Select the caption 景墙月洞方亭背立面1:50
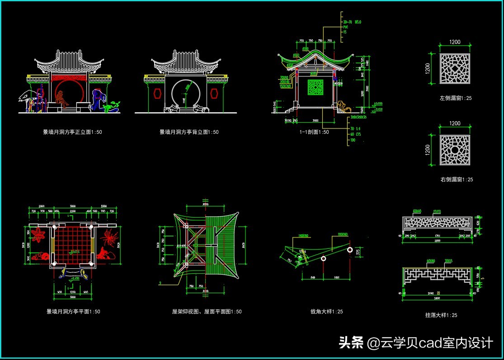(x=189, y=132)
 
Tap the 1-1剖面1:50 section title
(x=314, y=132)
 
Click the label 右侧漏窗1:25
(x=457, y=180)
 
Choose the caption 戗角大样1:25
(x=327, y=312)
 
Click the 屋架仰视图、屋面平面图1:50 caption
(x=207, y=312)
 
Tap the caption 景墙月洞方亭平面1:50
(x=73, y=312)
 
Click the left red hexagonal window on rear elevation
(x=157, y=94)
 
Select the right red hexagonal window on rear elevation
(x=214, y=94)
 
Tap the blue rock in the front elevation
(x=97, y=99)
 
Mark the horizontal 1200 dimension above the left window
(x=455, y=42)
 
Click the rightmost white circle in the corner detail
(x=350, y=250)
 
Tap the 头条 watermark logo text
(x=351, y=343)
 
